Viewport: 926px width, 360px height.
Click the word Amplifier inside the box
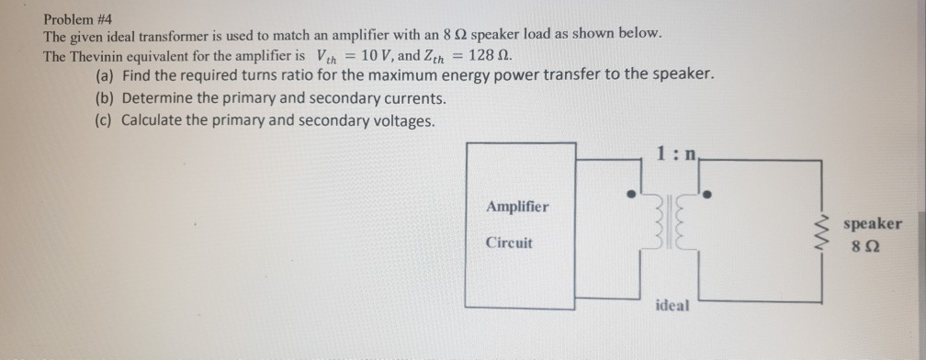click(x=517, y=206)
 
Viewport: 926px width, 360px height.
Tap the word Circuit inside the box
click(x=509, y=244)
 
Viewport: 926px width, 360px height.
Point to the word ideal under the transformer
click(x=672, y=304)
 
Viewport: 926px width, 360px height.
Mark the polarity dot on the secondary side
click(x=706, y=195)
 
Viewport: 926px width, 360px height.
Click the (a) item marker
click(x=106, y=74)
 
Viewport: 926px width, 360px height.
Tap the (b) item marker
click(x=106, y=97)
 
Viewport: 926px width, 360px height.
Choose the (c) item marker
click(x=106, y=120)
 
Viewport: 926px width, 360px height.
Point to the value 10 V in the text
click(x=380, y=53)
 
